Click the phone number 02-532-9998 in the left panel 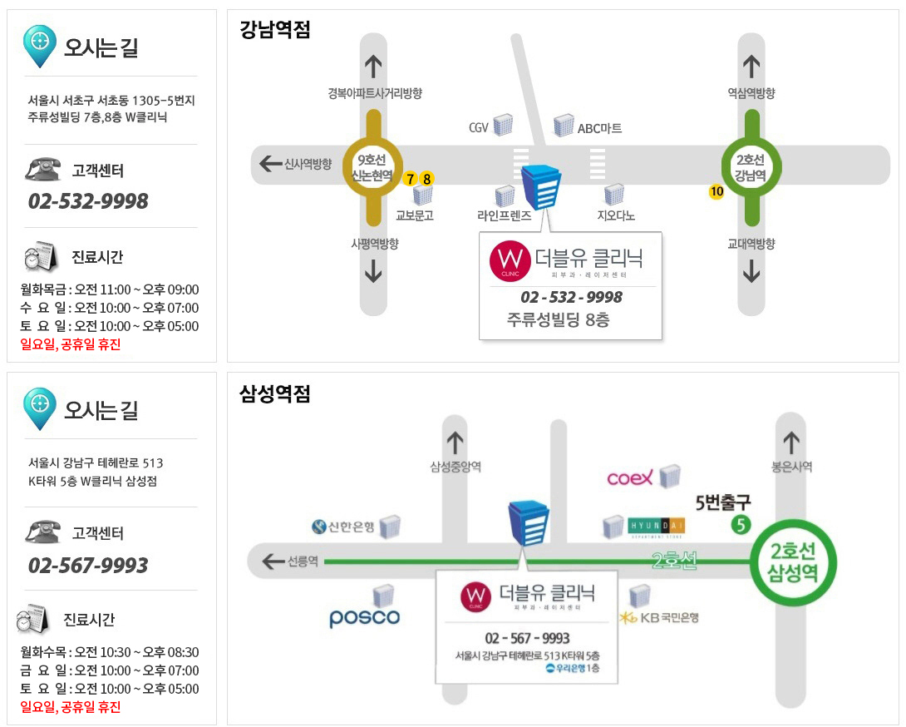88,201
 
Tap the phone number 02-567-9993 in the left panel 88,565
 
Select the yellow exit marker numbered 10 716,191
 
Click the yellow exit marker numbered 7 411,179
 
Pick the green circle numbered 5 741,525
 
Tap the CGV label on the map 479,128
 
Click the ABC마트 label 600,128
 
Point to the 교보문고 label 414,215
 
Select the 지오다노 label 616,215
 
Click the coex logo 630,477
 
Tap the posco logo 365,618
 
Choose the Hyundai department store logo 656,527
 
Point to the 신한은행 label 343,527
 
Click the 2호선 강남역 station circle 751,167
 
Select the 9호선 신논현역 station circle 372,167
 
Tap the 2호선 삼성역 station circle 793,562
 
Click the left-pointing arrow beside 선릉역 273,561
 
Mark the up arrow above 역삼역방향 751,67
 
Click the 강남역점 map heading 275,29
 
